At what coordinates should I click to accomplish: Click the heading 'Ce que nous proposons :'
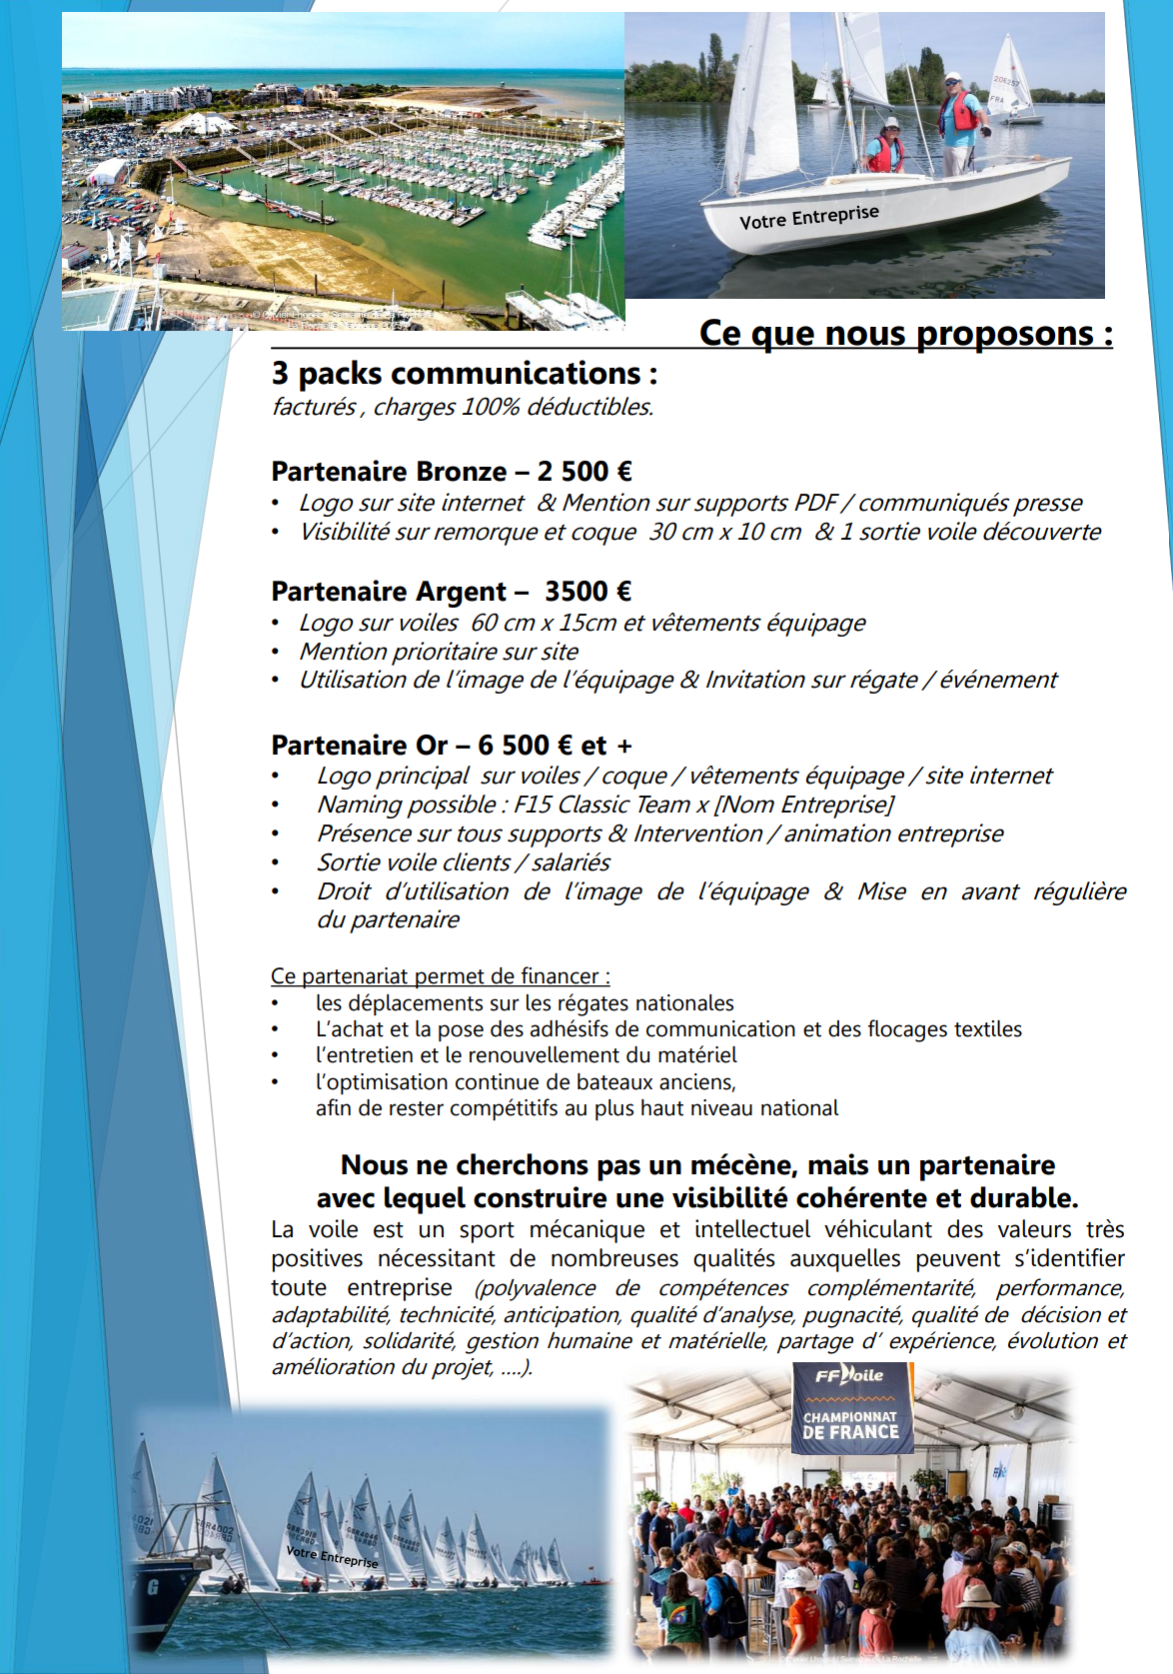coord(905,333)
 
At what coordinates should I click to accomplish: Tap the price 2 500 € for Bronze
coord(585,471)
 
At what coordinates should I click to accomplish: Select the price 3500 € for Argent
coord(587,591)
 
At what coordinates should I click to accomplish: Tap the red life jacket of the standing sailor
coord(962,112)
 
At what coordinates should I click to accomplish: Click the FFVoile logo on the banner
coord(849,1375)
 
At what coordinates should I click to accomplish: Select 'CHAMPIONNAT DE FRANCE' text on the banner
coord(850,1424)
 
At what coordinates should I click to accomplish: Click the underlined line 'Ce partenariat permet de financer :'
coord(440,975)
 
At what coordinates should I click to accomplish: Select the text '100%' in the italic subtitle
coord(490,407)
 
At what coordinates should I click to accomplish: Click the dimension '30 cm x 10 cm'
coord(725,532)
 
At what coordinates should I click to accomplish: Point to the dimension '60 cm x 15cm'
coord(544,623)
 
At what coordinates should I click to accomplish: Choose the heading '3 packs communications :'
coord(465,374)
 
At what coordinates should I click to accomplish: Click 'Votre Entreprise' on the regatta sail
coord(332,1556)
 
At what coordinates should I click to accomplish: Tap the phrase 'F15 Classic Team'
coord(601,805)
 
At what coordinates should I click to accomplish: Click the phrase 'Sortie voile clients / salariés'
coord(464,862)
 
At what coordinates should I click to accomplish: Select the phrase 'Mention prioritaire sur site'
coord(439,652)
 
